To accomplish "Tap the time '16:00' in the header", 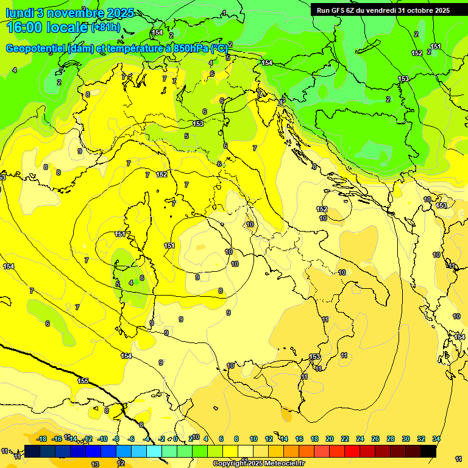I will point(26,27).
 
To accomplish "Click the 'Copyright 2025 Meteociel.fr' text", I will point(258,464).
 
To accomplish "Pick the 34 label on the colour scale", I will point(436,439).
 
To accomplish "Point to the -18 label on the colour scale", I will point(41,439).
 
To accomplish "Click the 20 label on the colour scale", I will point(330,439).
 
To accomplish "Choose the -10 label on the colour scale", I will point(102,439).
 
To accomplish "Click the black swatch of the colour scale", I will point(428,451).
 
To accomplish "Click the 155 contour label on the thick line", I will point(83,381).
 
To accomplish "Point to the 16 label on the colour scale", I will point(299,439).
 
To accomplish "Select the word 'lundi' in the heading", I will point(20,13).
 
